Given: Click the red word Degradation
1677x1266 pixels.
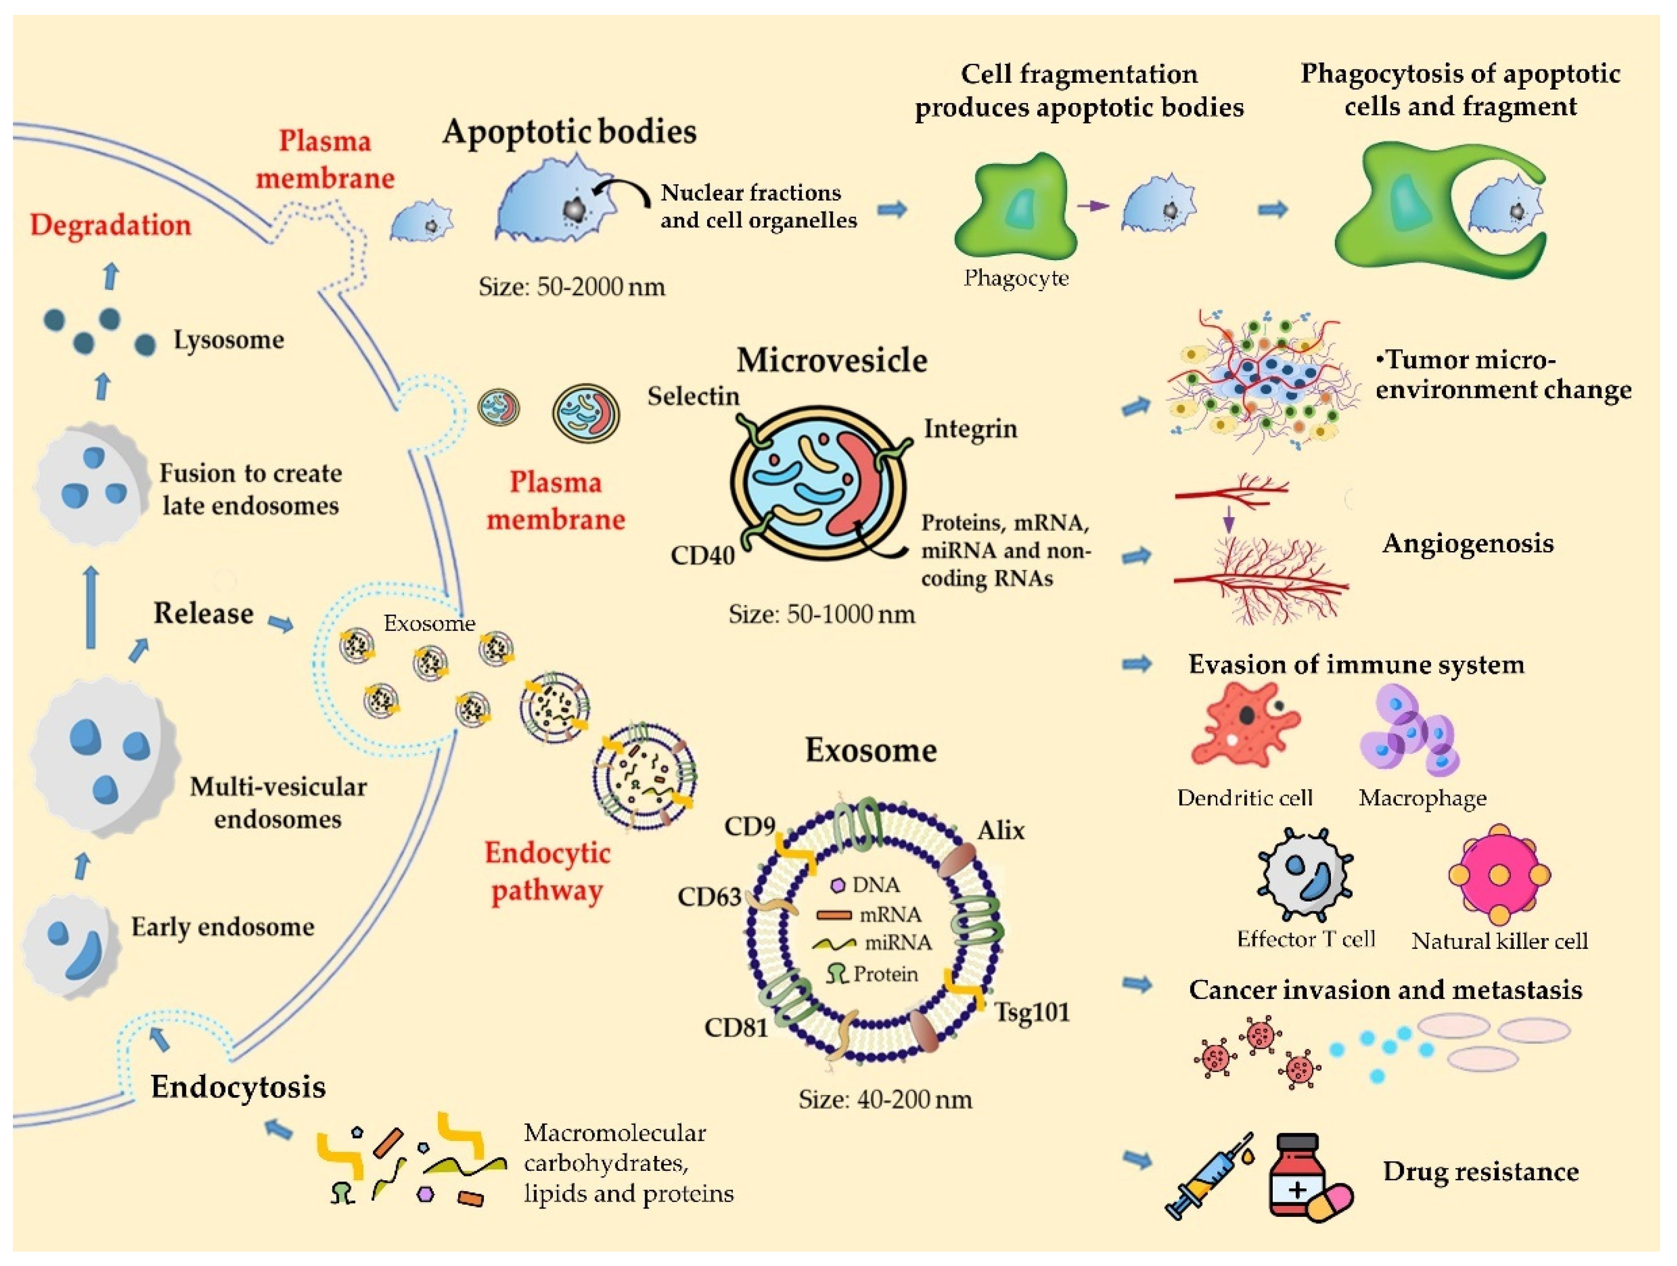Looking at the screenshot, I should tap(111, 225).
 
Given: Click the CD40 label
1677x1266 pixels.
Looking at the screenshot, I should tap(702, 555).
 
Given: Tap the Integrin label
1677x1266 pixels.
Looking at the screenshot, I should tap(970, 429).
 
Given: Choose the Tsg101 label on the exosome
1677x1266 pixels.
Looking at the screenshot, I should tap(1032, 1012).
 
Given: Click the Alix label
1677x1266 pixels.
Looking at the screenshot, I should tap(1000, 830).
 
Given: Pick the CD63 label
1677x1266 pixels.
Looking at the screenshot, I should tap(709, 897).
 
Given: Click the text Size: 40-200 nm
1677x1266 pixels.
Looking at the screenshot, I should tap(885, 1100).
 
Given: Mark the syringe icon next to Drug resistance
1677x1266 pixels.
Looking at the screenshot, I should tap(1209, 1177).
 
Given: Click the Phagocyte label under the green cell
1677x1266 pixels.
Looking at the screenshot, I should tap(1016, 279).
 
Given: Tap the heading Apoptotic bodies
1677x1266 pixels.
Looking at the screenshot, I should tap(569, 132).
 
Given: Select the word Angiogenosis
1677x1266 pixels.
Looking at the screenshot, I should tap(1467, 543).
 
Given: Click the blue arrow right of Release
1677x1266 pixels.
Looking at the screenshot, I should tap(281, 623).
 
